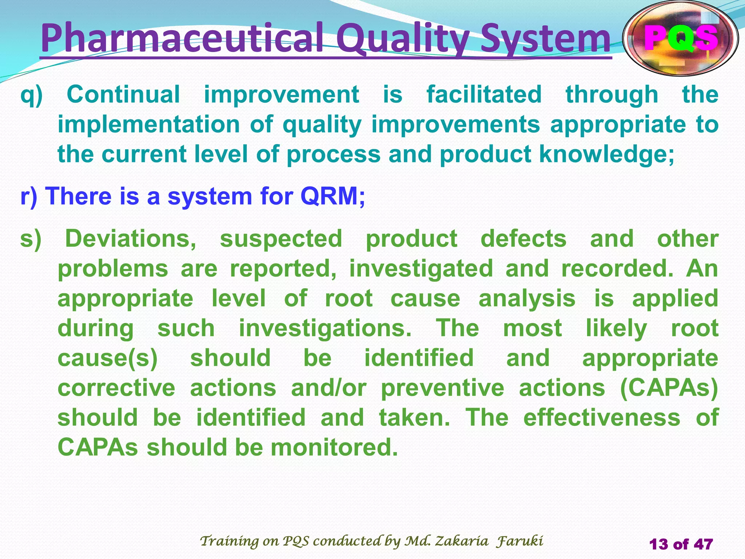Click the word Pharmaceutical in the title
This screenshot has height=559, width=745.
click(182, 38)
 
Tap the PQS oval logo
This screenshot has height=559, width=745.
click(681, 38)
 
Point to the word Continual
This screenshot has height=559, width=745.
click(123, 95)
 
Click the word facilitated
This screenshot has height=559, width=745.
click(484, 95)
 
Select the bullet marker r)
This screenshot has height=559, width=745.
click(29, 197)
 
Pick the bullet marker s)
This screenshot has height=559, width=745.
click(31, 239)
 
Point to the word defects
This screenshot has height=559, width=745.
click(523, 239)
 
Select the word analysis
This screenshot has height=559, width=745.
click(527, 299)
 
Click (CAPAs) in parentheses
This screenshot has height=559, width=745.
click(669, 388)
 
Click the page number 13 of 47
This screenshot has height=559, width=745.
click(681, 544)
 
